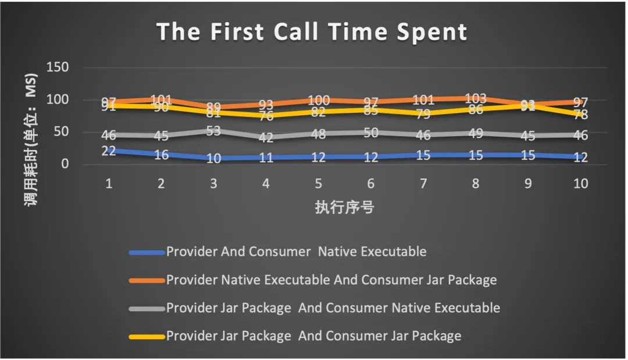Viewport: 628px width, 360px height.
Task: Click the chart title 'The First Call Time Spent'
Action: tap(312, 32)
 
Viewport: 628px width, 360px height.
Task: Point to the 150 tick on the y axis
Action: tap(58, 67)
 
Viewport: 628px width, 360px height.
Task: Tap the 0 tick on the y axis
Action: tap(63, 164)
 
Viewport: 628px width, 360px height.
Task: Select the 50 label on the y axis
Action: tap(60, 132)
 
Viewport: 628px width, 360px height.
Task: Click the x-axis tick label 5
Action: tap(319, 184)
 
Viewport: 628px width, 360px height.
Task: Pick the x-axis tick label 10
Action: tap(580, 184)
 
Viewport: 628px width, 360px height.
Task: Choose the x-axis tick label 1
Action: tap(108, 184)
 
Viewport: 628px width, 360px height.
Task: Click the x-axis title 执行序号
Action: tap(344, 207)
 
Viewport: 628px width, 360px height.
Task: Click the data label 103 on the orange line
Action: tap(476, 99)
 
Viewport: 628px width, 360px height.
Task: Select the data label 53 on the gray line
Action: tap(213, 131)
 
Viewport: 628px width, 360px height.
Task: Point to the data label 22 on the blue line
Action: tap(109, 151)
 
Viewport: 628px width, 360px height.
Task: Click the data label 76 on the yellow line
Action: tap(266, 116)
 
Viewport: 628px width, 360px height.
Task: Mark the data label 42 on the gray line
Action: tap(266, 138)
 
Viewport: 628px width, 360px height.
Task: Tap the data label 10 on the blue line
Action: tap(213, 158)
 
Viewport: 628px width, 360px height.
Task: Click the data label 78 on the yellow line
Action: tap(580, 115)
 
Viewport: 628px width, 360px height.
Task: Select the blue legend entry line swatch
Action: tap(147, 252)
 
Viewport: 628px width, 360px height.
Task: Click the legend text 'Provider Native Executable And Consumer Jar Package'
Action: tap(331, 280)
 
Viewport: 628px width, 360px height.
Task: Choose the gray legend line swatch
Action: tap(147, 308)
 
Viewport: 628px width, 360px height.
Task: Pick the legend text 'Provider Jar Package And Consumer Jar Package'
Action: tap(313, 336)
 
